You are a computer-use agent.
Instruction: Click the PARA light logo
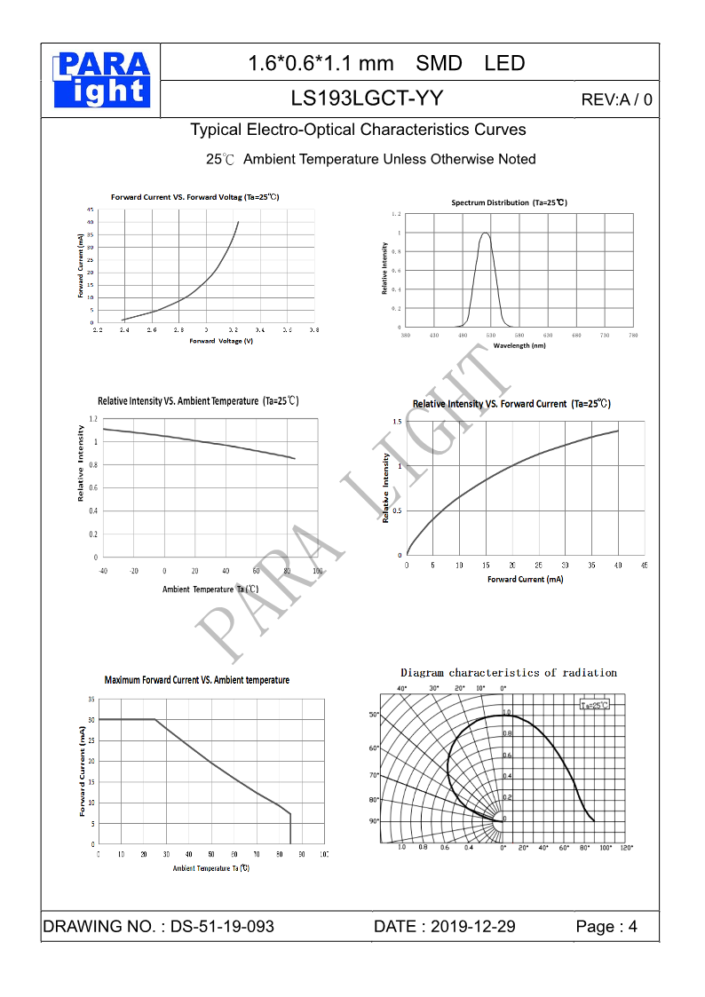101,80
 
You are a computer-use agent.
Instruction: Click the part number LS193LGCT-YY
367,99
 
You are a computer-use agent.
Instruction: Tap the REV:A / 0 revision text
616,99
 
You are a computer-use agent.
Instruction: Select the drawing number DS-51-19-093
222,927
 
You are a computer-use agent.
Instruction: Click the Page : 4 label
606,927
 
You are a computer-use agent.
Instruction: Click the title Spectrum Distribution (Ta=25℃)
509,202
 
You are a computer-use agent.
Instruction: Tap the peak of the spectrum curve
485,233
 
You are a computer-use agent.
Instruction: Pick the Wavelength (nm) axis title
519,345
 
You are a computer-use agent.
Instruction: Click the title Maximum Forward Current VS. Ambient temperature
197,680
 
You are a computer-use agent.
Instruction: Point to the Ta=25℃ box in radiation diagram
594,705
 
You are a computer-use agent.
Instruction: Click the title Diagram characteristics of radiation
509,673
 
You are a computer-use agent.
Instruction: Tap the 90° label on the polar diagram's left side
374,821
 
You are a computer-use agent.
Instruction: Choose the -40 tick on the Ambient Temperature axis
103,570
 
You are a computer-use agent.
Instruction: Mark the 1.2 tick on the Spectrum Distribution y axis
396,214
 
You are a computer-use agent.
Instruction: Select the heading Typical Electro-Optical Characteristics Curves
358,130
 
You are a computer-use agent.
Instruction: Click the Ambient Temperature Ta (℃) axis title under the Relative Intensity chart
210,589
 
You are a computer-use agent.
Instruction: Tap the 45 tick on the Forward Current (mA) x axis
644,566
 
